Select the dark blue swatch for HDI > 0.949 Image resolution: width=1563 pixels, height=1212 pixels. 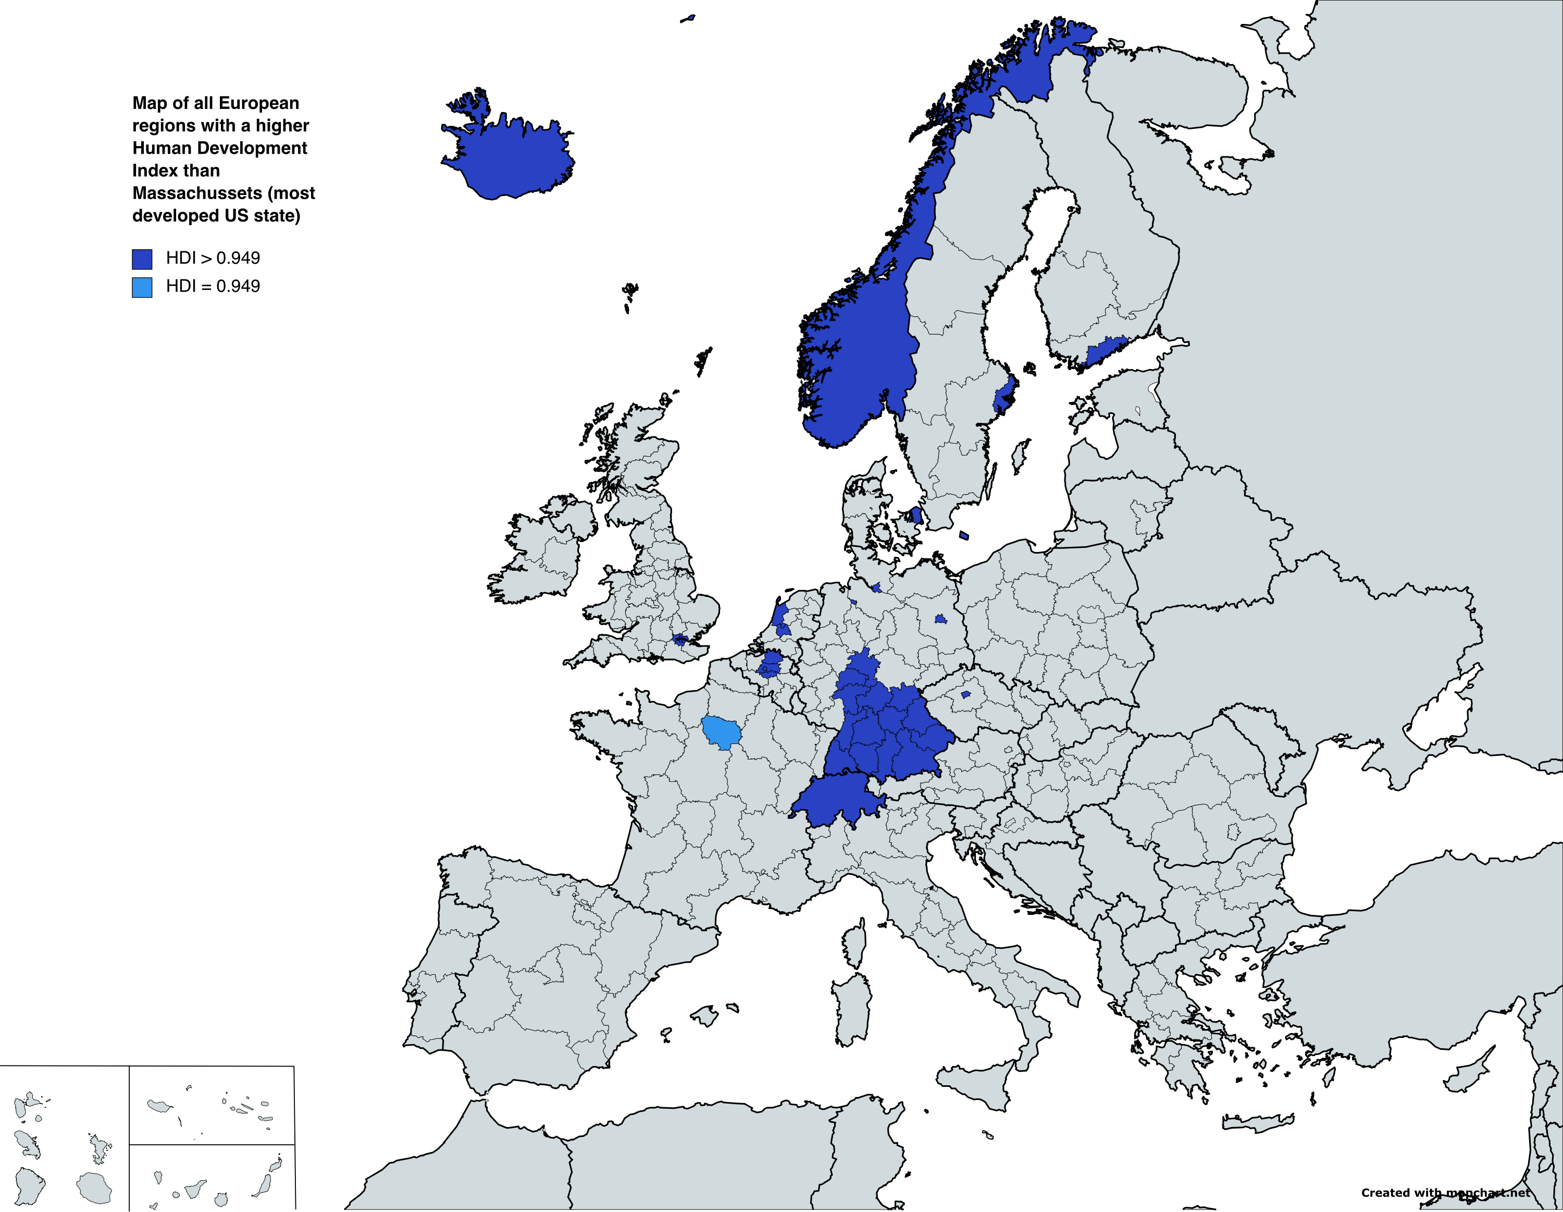point(142,259)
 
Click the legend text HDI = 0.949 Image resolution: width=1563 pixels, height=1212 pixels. point(213,286)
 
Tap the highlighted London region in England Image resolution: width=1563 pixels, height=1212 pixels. point(680,639)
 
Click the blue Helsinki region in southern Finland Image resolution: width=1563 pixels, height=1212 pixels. point(1105,351)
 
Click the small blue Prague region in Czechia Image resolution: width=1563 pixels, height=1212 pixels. point(965,694)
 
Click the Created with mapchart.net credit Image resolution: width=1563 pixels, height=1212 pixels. point(1446,1193)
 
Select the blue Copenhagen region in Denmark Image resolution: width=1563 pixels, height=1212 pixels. point(916,516)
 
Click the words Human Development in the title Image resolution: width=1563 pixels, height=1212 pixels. point(220,148)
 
